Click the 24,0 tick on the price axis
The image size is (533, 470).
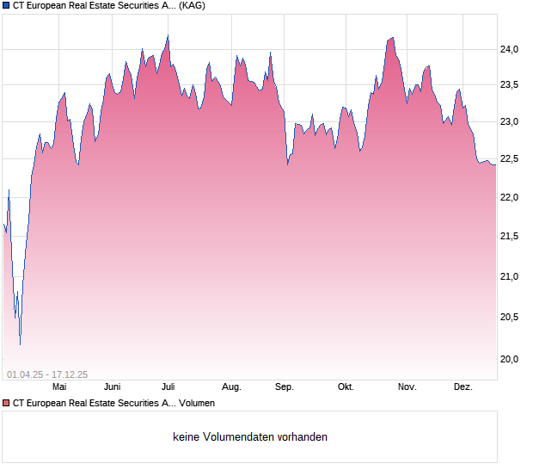pyautogui.click(x=511, y=49)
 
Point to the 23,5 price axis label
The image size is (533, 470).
pyautogui.click(x=511, y=84)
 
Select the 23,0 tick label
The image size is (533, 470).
pyautogui.click(x=511, y=121)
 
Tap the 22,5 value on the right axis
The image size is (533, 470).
pyautogui.click(x=511, y=158)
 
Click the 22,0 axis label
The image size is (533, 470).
pyautogui.click(x=511, y=197)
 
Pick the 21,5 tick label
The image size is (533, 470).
pyautogui.click(x=511, y=236)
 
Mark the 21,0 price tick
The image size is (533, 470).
pyautogui.click(x=511, y=276)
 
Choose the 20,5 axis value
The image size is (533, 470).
pyautogui.click(x=511, y=317)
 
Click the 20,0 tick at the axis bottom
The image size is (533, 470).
pyautogui.click(x=511, y=359)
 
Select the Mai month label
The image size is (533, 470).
pyautogui.click(x=59, y=387)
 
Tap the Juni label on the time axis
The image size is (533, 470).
pyautogui.click(x=113, y=387)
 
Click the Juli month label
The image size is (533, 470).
pyautogui.click(x=168, y=387)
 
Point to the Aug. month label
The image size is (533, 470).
pyautogui.click(x=231, y=387)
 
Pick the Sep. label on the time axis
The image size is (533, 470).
pyautogui.click(x=285, y=387)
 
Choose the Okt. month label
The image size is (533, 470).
pyautogui.click(x=346, y=387)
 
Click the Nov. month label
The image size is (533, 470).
pyautogui.click(x=407, y=387)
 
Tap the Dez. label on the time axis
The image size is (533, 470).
pyautogui.click(x=463, y=387)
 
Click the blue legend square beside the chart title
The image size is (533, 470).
pyautogui.click(x=6, y=5)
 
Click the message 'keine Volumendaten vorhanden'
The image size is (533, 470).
pyautogui.click(x=250, y=437)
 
